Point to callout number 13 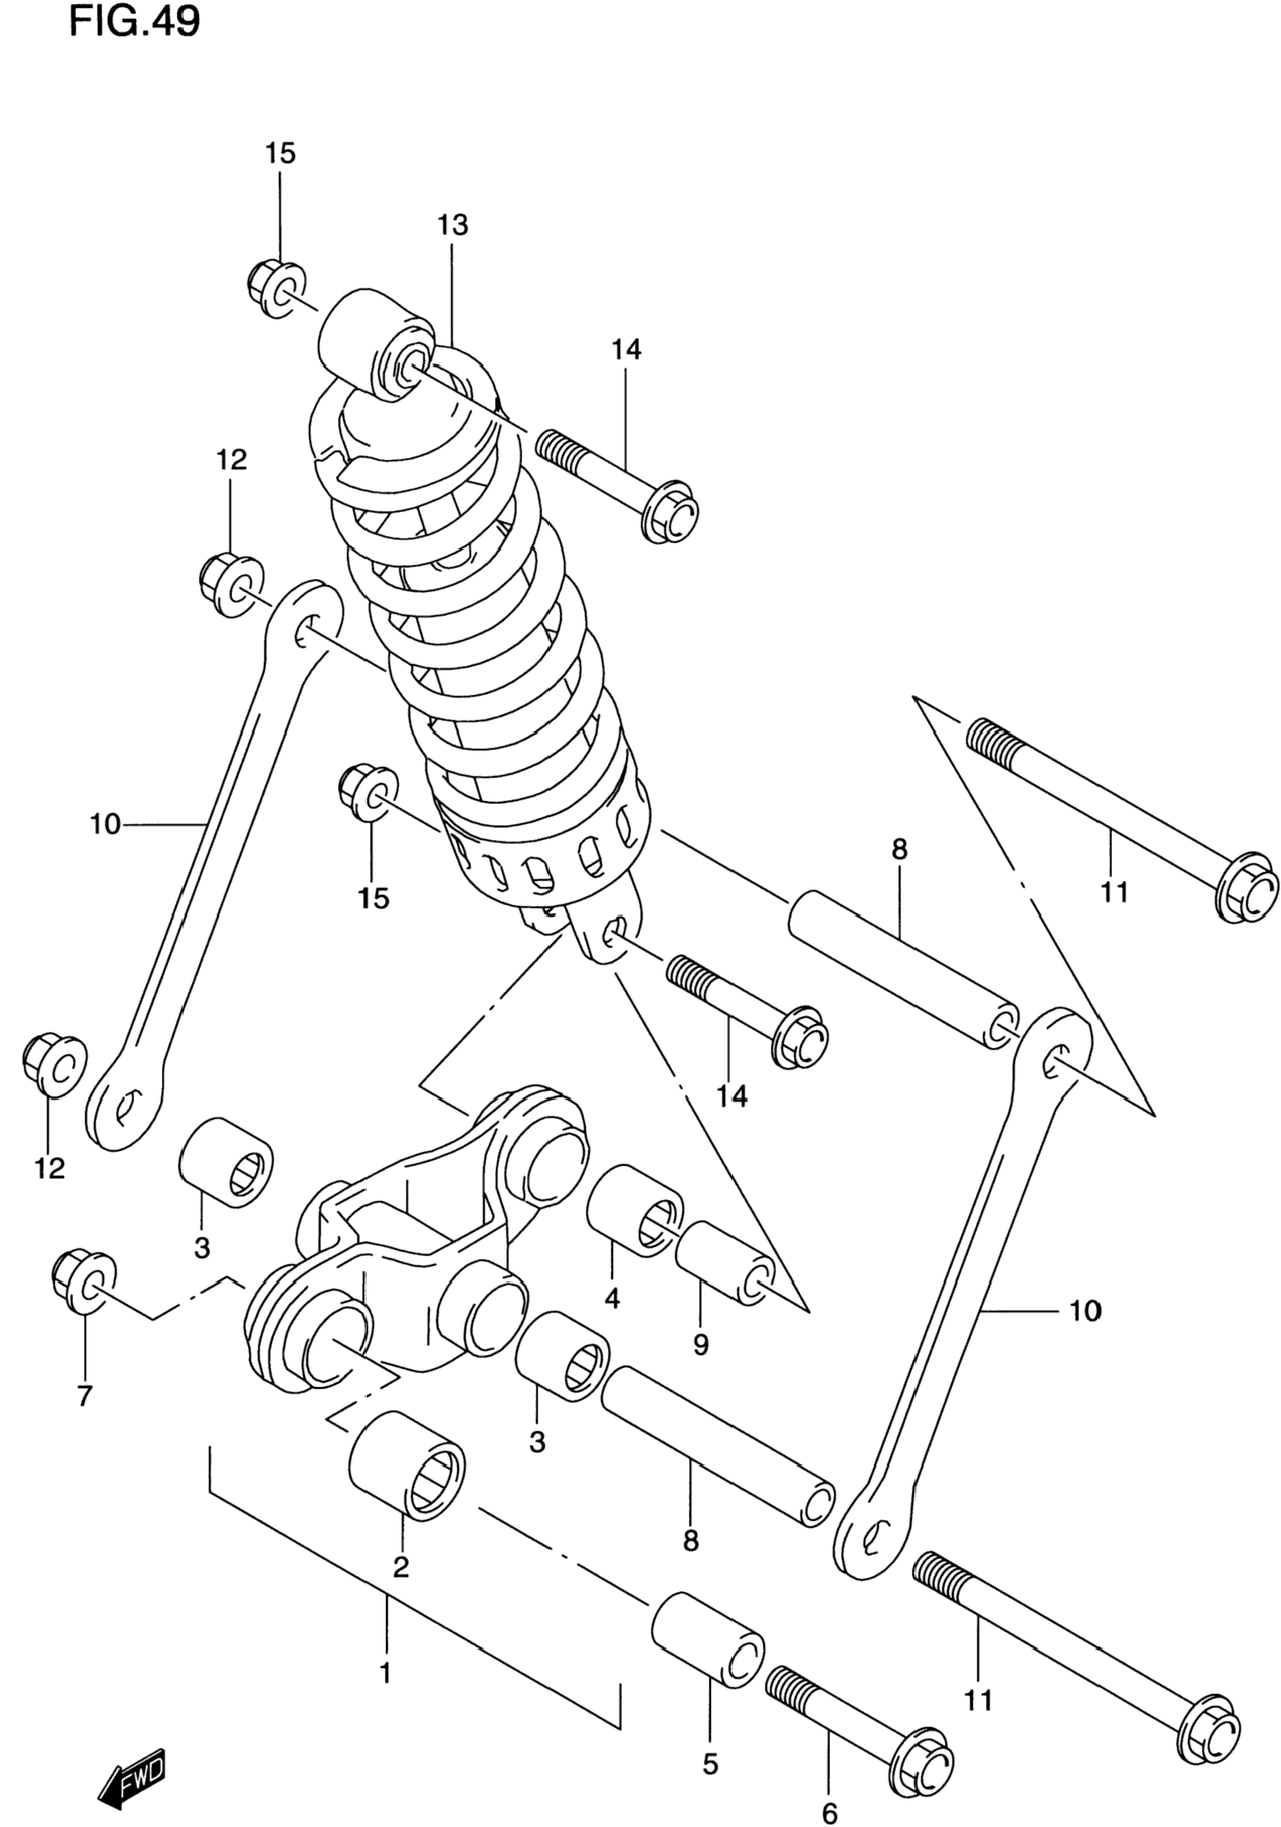click(x=452, y=225)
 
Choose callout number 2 click(x=401, y=1567)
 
